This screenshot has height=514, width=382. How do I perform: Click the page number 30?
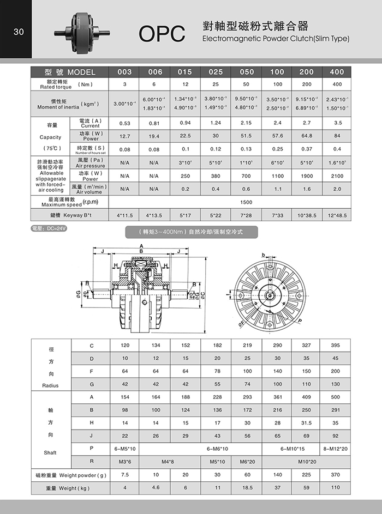[19, 32]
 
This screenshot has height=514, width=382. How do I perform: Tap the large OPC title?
[162, 34]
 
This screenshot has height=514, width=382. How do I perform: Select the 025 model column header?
[216, 72]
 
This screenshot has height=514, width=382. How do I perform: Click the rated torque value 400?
[337, 84]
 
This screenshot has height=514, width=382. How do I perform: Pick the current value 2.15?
[246, 123]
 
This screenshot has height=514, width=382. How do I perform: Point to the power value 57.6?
[277, 136]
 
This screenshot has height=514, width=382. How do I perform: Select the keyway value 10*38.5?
[307, 216]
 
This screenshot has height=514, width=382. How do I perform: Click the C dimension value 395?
[336, 346]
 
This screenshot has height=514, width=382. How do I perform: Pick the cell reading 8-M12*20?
[336, 448]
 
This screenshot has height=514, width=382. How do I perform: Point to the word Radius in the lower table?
[50, 385]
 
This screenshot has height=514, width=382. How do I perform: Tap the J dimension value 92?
[336, 435]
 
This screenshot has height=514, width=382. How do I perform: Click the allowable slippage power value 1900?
[307, 176]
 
